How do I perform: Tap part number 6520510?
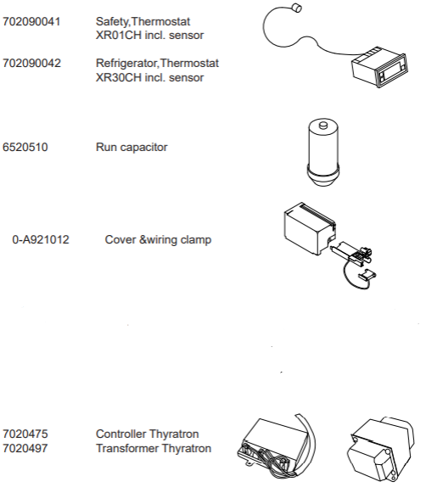[x=25, y=148]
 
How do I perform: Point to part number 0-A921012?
[x=41, y=240]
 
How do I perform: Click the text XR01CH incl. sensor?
[x=149, y=35]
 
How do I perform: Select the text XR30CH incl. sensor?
[x=149, y=78]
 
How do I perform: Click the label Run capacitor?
[x=132, y=148]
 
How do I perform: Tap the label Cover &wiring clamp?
[x=158, y=240]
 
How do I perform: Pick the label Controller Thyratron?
[x=148, y=434]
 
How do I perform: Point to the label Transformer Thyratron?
[x=153, y=448]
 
